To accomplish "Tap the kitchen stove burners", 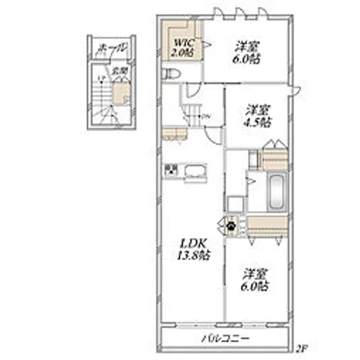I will (x=172, y=170).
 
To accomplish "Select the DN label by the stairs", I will (x=206, y=116).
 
